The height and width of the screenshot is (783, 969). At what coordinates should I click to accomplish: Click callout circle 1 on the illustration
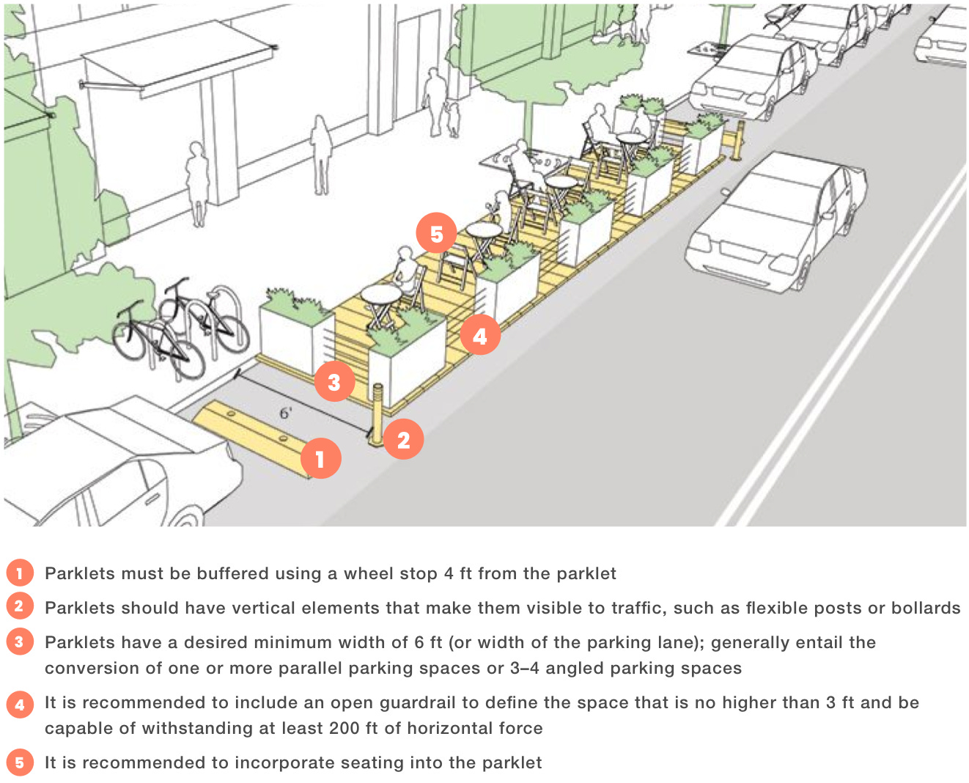320,458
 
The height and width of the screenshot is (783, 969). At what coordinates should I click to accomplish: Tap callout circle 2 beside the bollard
403,439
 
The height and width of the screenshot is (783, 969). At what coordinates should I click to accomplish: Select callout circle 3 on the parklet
334,381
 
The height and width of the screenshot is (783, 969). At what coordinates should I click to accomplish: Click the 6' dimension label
286,413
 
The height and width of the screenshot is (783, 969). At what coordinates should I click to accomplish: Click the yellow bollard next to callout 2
377,415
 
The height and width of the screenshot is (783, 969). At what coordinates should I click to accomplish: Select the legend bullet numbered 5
19,762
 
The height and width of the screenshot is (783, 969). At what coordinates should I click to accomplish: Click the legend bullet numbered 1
19,573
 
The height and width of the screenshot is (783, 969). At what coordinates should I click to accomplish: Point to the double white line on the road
843,352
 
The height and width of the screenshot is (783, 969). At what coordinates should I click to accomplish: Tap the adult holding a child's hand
436,99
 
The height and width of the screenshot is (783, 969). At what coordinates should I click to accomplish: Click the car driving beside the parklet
777,220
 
